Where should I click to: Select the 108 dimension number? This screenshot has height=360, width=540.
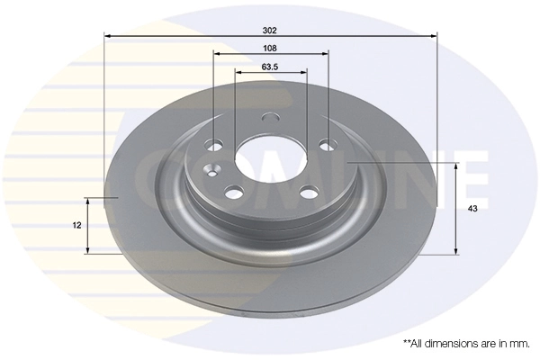(270, 47)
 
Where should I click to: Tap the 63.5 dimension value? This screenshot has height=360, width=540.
(270, 66)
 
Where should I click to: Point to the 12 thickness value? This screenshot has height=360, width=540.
(77, 225)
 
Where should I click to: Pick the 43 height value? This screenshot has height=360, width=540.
(472, 209)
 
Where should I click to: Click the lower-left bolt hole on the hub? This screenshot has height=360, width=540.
(234, 192)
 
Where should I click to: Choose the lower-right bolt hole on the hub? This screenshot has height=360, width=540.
(308, 192)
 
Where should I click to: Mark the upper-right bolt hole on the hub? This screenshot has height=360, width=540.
(326, 143)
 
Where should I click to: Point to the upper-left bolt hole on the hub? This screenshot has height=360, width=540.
(214, 143)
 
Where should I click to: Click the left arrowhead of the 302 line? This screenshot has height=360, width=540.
(109, 36)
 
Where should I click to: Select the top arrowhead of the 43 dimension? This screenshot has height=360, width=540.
(457, 166)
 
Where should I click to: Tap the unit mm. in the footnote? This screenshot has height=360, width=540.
(519, 343)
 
